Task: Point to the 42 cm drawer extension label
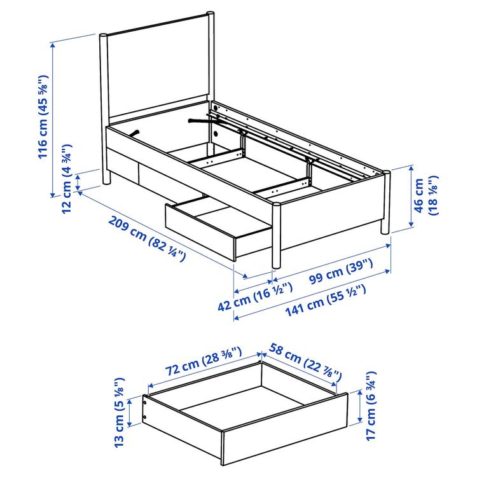pyautogui.click(x=255, y=297)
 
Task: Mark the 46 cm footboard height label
pyautogui.click(x=425, y=197)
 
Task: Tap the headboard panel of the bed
pyautogui.click(x=158, y=70)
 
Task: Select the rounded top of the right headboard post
pyautogui.click(x=209, y=13)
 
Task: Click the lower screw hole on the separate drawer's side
pyautogui.click(x=146, y=418)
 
